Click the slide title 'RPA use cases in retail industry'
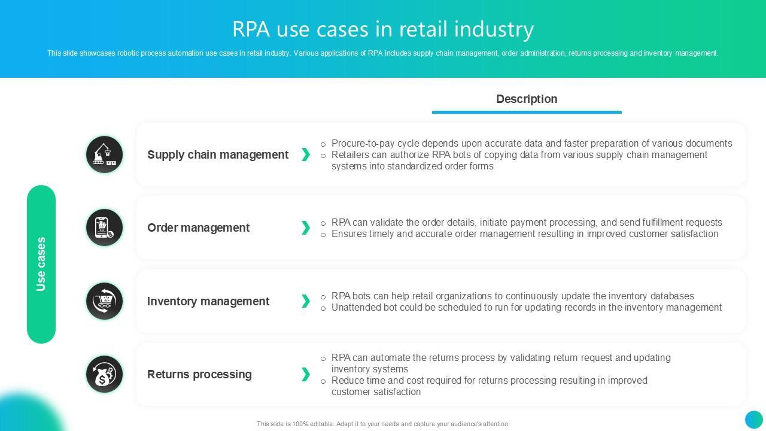(x=383, y=29)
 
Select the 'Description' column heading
(x=527, y=99)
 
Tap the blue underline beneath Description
(x=527, y=112)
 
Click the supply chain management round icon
(x=104, y=154)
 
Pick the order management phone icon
(x=104, y=227)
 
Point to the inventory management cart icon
(x=104, y=301)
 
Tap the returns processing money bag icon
(x=104, y=374)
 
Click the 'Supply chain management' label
(x=218, y=154)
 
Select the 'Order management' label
(x=198, y=227)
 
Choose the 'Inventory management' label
(x=208, y=301)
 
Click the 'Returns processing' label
(x=199, y=374)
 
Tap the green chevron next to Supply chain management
(x=306, y=154)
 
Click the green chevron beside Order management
(x=306, y=227)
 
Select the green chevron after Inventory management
(x=306, y=301)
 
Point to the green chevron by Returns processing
(x=306, y=374)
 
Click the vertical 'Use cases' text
(x=41, y=264)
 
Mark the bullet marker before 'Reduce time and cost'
(x=323, y=381)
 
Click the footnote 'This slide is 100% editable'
(x=383, y=424)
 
